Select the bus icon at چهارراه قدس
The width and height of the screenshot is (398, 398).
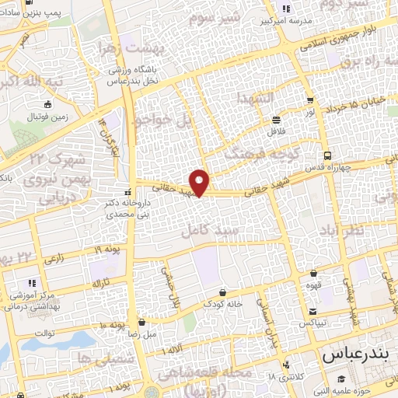(x=328, y=154)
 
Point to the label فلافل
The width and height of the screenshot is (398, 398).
(x=277, y=132)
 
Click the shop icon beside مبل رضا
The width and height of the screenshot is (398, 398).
(x=142, y=322)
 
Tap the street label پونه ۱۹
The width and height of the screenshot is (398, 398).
(x=110, y=250)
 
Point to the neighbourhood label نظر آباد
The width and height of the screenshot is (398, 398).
(x=346, y=232)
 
